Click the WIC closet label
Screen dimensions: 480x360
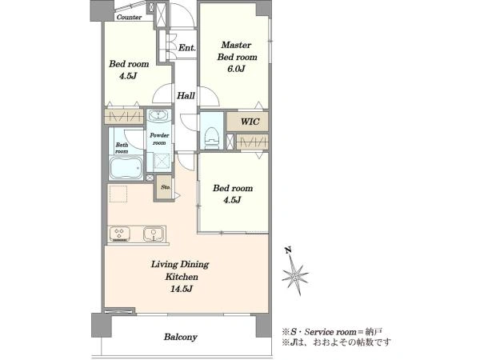[250, 122]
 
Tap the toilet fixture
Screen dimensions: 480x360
[211, 138]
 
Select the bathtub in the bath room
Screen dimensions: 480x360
[126, 167]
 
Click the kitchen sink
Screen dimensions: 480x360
[153, 234]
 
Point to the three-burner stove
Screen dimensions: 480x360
[120, 234]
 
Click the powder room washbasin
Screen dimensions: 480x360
[159, 115]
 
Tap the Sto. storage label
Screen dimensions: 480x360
[166, 187]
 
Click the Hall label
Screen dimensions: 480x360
[186, 96]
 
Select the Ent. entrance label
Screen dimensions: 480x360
[186, 48]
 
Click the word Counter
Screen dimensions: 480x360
[129, 17]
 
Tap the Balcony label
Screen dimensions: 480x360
[180, 337]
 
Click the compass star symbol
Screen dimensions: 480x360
[294, 277]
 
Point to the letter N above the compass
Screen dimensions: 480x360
[288, 250]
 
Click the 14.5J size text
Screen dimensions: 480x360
[182, 289]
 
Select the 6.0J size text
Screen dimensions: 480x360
[236, 69]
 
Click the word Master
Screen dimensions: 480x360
[236, 45]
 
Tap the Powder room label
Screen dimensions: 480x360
[159, 139]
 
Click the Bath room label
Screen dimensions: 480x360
[122, 148]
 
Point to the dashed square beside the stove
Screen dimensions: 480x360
[118, 194]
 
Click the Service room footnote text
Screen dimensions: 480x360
[331, 332]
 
